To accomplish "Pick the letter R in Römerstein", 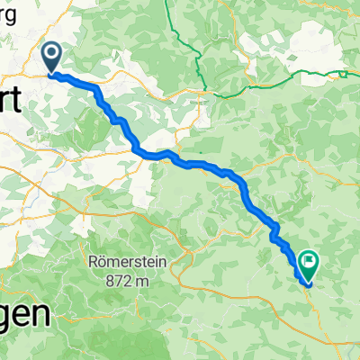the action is [94, 261].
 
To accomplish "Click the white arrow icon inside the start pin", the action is [50, 56].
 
